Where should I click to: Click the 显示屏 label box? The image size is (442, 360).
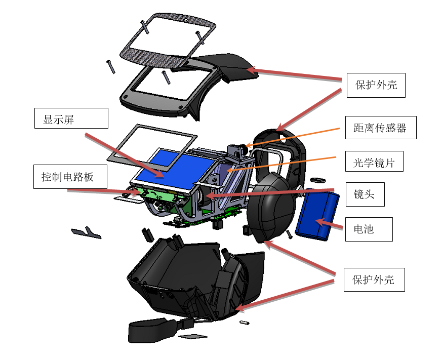pyautogui.click(x=71, y=118)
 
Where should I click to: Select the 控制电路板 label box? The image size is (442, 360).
pyautogui.click(x=70, y=177)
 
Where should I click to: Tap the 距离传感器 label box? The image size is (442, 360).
pyautogui.click(x=381, y=128)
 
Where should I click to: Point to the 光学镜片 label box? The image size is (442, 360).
pyautogui.click(x=374, y=161)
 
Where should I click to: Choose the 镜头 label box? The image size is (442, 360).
pyautogui.click(x=365, y=194)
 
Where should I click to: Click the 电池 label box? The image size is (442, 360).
pyautogui.click(x=369, y=229)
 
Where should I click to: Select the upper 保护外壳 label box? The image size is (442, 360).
pyautogui.click(x=376, y=85)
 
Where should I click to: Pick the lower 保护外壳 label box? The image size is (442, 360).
pyautogui.click(x=374, y=279)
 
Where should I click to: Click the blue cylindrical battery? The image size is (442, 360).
pyautogui.click(x=317, y=215)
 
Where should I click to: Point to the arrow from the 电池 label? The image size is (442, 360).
pyautogui.click(x=329, y=224)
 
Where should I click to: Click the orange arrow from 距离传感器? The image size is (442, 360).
pyautogui.click(x=293, y=138)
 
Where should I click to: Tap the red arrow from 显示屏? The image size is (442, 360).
pyautogui.click(x=125, y=155)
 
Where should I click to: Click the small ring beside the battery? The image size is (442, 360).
pyautogui.click(x=317, y=180)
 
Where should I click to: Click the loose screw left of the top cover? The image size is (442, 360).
pyautogui.click(x=110, y=67)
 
